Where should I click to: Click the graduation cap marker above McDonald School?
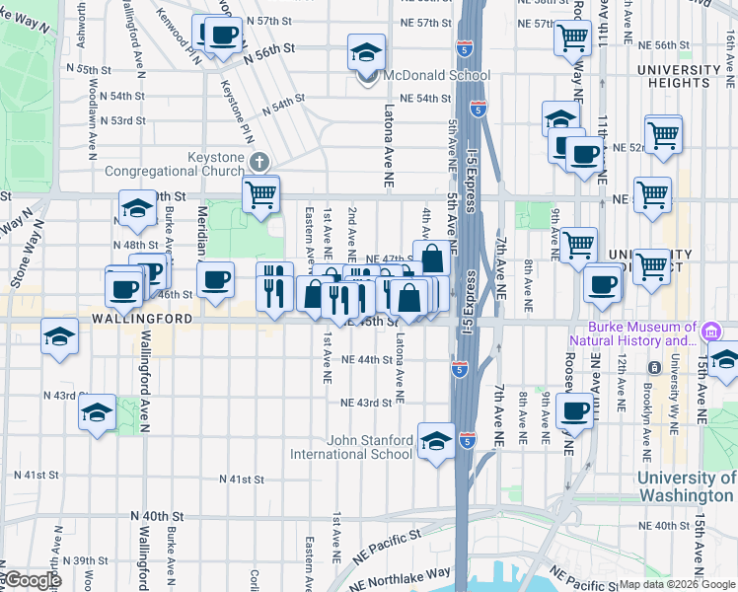367,52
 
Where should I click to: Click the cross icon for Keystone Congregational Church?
258,161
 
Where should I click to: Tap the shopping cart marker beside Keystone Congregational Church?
260,194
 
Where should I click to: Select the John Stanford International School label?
350,447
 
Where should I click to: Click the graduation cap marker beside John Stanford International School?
436,440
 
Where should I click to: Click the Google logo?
33,580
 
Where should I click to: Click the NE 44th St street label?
366,360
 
